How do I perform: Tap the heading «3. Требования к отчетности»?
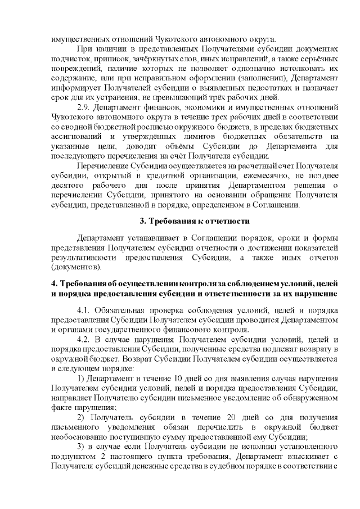click(194, 220)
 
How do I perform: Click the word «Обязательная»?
click(120, 310)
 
